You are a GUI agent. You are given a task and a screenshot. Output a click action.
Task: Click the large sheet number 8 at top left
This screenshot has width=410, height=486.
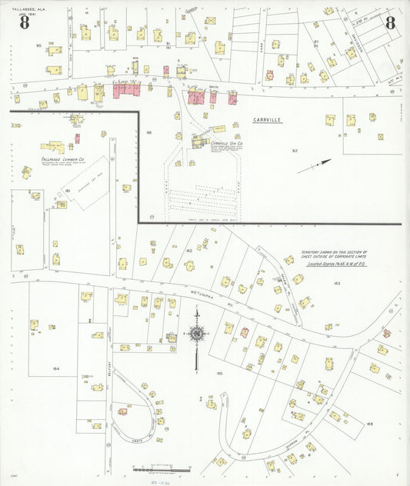(x=25, y=23)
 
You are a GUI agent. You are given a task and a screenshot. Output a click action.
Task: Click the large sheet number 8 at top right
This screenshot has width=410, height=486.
(x=390, y=22)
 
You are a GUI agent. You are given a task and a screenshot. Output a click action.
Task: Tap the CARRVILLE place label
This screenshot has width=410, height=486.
(x=268, y=120)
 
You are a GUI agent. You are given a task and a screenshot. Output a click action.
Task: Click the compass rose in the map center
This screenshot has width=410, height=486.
(x=197, y=335)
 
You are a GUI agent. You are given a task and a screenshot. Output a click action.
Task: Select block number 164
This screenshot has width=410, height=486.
(x=55, y=368)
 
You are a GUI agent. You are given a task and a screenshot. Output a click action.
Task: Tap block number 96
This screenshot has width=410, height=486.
(x=150, y=134)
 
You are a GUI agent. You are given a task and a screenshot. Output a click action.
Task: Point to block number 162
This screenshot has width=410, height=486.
(x=188, y=251)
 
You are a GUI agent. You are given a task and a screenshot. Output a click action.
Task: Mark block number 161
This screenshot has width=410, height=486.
(x=68, y=190)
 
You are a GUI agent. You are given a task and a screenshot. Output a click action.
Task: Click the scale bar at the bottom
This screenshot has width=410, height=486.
(x=162, y=468)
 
